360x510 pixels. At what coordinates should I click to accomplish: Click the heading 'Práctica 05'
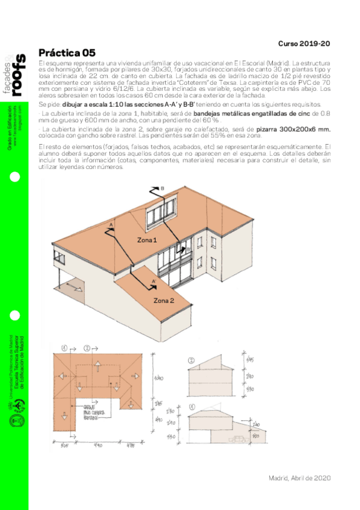click(66, 53)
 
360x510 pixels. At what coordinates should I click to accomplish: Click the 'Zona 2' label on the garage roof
click(163, 300)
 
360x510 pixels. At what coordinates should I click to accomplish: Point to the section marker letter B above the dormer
click(162, 189)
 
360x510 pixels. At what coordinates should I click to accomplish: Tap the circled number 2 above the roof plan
click(88, 348)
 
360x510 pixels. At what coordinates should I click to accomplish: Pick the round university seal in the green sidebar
click(14, 421)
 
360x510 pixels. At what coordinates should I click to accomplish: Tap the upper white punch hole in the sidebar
click(14, 177)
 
